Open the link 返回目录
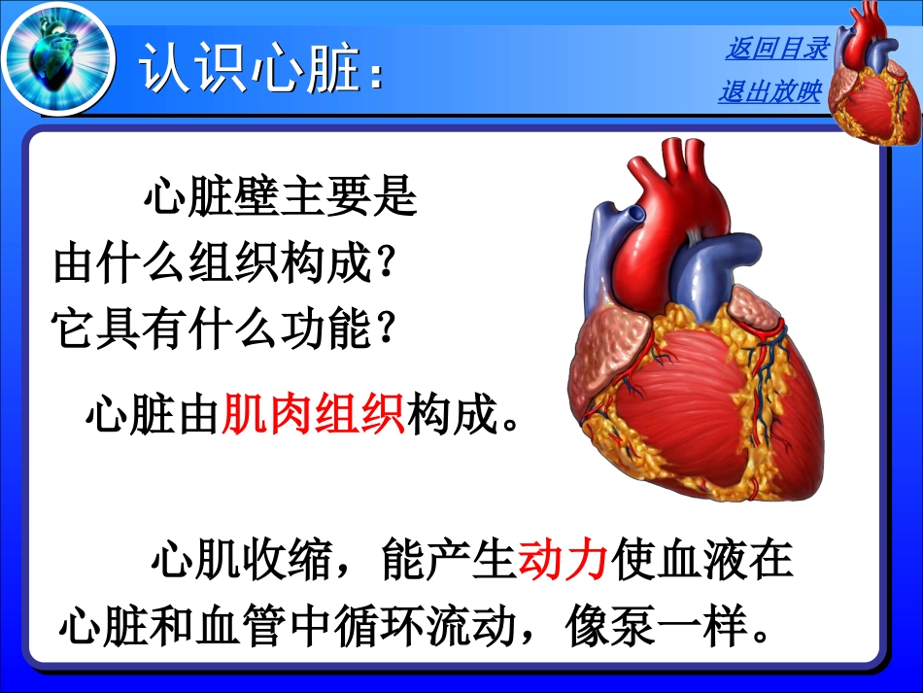tap(776, 48)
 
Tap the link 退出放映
tap(769, 92)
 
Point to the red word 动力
tap(564, 561)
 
